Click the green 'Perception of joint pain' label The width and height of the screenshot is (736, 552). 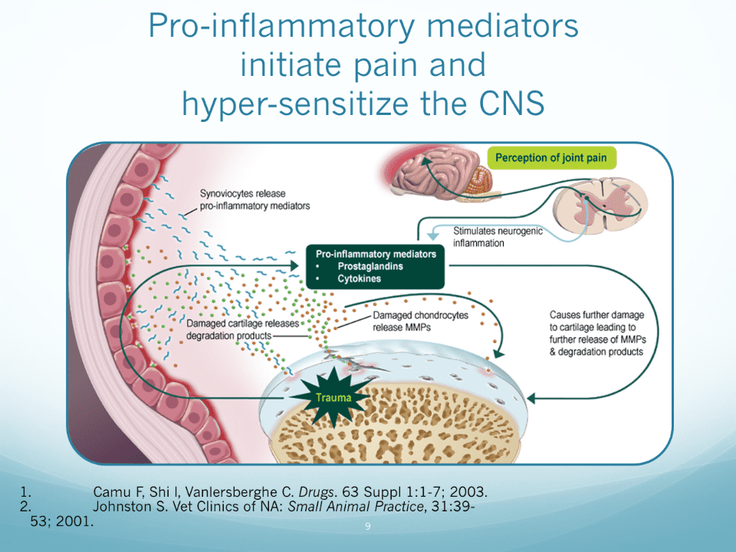coord(551,159)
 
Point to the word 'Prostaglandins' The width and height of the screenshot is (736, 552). coord(370,266)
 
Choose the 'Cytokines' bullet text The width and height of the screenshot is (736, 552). coord(360,279)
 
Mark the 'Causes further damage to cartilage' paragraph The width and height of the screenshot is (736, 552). coord(596,333)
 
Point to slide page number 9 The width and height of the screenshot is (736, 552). coord(368,527)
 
